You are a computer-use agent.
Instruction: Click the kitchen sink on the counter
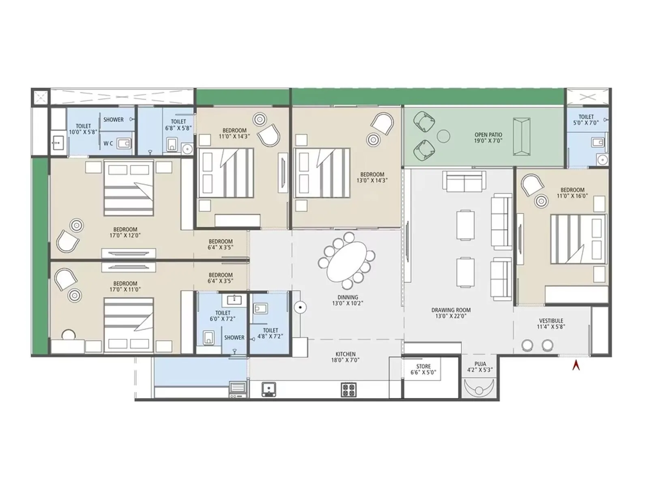click(268, 389)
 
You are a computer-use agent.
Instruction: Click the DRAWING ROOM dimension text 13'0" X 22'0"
click(451, 316)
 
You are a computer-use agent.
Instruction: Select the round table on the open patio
click(444, 136)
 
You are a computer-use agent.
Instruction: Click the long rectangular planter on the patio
click(521, 136)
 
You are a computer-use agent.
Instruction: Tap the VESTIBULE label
click(551, 321)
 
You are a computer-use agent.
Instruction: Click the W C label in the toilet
click(108, 143)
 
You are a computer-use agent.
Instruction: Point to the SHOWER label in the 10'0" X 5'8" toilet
click(113, 119)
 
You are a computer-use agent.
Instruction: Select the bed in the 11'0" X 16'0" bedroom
click(578, 239)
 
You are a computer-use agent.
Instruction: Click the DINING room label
click(348, 297)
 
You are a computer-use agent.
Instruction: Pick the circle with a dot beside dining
click(300, 307)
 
